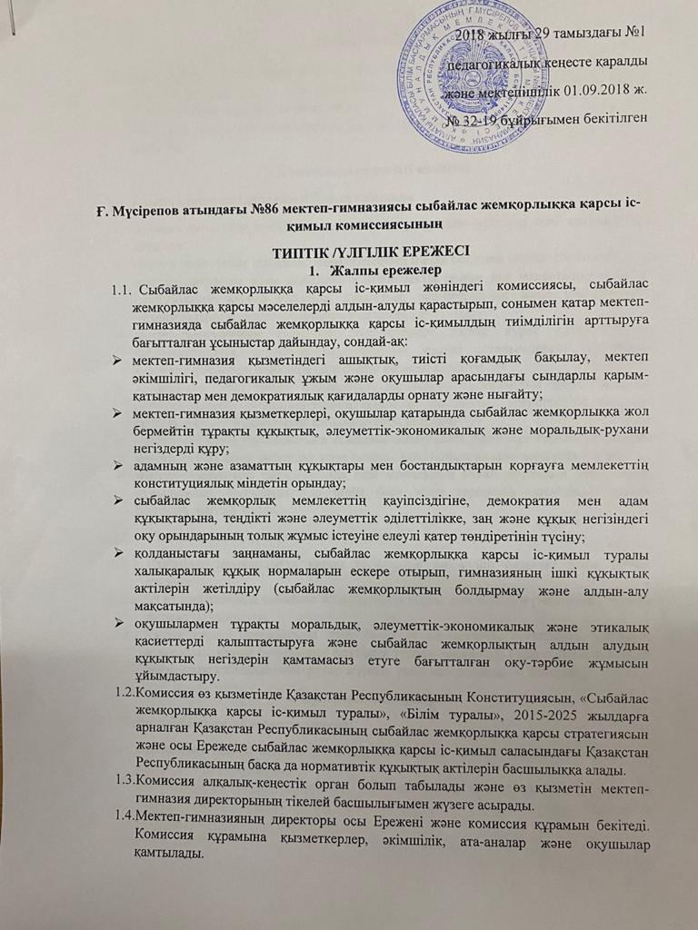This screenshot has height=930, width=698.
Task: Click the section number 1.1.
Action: [x=122, y=290]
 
